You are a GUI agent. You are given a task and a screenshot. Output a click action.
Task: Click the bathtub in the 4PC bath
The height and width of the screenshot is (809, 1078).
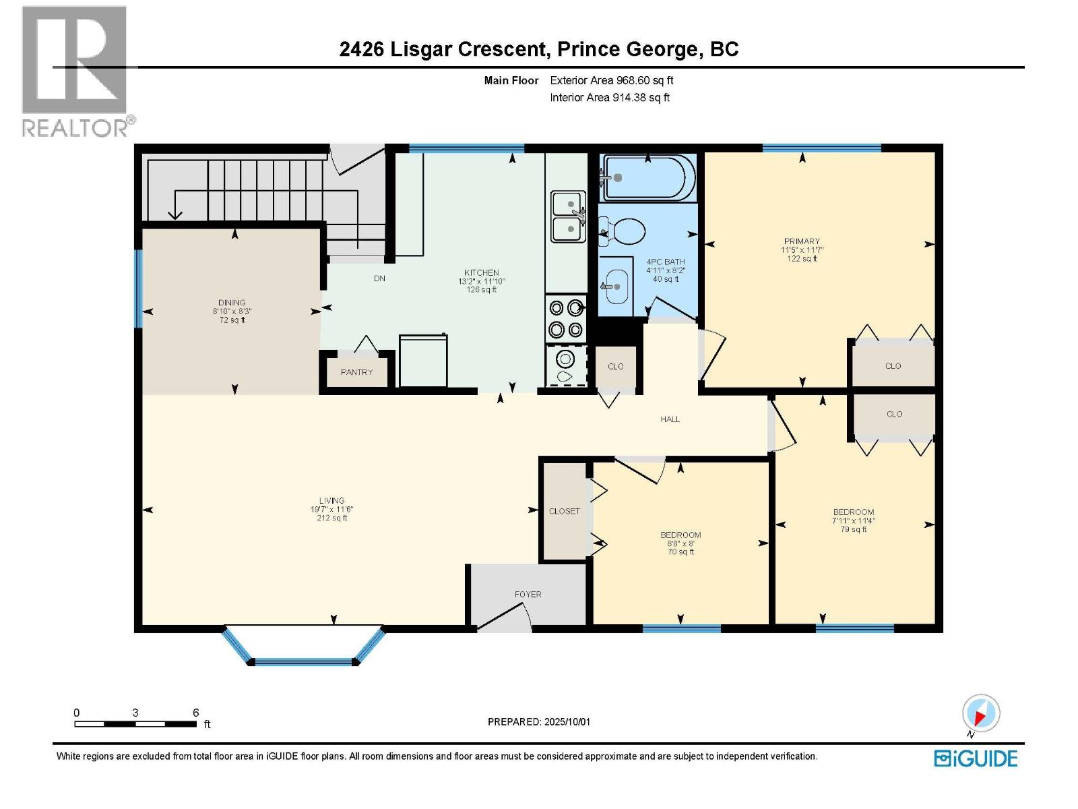click(648, 178)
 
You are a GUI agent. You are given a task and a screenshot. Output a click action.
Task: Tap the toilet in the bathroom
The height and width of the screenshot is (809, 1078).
click(623, 231)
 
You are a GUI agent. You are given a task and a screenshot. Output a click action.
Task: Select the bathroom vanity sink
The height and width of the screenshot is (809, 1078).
click(616, 287)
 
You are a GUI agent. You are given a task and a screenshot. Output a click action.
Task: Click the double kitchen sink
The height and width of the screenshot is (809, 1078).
click(568, 216)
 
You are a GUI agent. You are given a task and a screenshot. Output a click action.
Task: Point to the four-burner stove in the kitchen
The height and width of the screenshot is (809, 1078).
click(565, 318)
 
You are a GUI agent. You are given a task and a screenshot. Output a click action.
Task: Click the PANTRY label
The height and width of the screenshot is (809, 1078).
click(356, 372)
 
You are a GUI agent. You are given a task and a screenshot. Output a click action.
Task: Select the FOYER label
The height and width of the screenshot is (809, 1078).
click(528, 595)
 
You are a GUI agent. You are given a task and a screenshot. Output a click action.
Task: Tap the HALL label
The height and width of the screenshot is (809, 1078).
click(670, 419)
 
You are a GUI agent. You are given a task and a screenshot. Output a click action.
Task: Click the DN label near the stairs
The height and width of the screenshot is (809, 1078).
click(379, 278)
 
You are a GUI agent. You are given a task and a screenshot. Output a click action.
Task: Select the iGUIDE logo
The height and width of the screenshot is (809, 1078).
click(976, 758)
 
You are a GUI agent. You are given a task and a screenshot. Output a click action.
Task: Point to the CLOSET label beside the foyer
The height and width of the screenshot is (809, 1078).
click(565, 511)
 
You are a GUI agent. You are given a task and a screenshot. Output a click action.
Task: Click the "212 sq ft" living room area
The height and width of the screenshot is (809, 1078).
click(332, 518)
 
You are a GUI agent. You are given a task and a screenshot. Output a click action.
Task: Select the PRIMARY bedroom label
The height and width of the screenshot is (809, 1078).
click(802, 241)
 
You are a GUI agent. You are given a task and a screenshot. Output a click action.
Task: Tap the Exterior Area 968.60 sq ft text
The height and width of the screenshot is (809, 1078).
click(612, 80)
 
